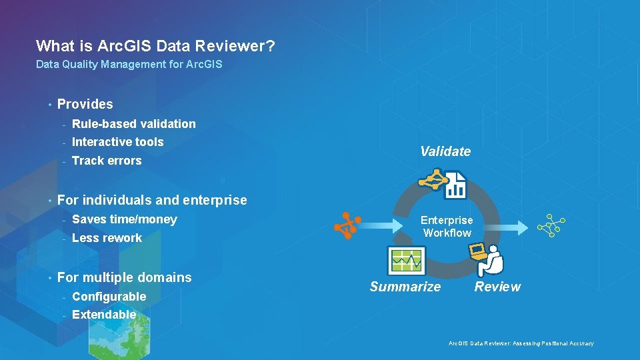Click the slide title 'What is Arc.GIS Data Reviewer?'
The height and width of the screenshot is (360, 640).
[x=155, y=46]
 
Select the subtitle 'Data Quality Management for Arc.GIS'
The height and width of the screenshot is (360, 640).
[x=129, y=65]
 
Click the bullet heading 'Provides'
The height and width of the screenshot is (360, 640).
[x=85, y=104]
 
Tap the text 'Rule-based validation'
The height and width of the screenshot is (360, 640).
[x=133, y=124]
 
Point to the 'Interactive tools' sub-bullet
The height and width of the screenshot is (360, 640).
[x=117, y=142]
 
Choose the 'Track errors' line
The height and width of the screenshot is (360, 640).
[x=107, y=161]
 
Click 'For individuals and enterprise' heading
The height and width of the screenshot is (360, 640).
[x=152, y=200]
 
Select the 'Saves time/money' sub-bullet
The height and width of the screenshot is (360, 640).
[x=124, y=219]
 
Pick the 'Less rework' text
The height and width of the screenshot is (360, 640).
[x=107, y=238]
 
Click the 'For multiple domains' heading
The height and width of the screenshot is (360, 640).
[x=124, y=277]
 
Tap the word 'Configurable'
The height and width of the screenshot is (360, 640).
[x=109, y=297]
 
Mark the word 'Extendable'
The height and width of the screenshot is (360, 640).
[x=104, y=315]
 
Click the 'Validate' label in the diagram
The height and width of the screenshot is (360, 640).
[x=445, y=151]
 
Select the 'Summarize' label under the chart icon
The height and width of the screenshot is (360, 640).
[x=405, y=287]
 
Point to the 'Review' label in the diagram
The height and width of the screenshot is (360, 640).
[x=497, y=287]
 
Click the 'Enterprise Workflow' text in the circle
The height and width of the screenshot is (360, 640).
[x=447, y=227]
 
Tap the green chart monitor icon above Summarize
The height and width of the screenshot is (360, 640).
[x=406, y=260]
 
